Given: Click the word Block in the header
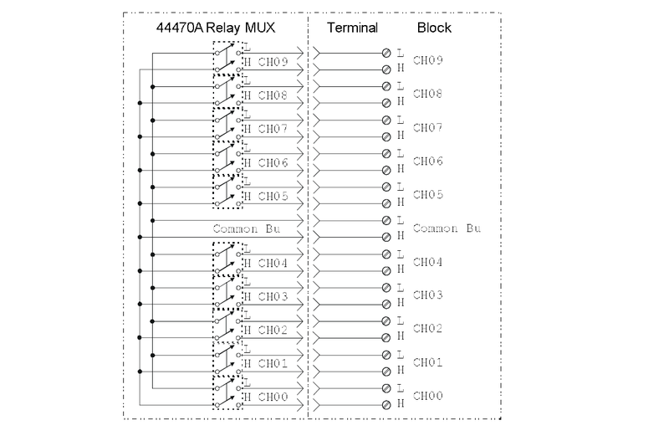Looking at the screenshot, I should click(x=434, y=28).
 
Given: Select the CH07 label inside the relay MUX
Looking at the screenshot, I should click(x=273, y=129).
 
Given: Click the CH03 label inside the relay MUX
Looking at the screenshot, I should click(x=273, y=296).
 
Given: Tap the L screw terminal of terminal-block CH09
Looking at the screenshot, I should click(x=386, y=54).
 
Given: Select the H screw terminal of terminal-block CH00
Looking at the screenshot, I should click(x=386, y=405).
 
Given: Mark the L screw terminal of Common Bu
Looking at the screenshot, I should click(x=386, y=221).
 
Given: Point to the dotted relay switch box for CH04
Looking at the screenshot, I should click(x=227, y=257).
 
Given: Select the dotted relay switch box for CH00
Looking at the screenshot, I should click(x=227, y=391).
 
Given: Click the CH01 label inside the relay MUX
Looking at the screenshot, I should click(x=273, y=363).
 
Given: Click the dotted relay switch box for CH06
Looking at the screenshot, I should click(x=227, y=156).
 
